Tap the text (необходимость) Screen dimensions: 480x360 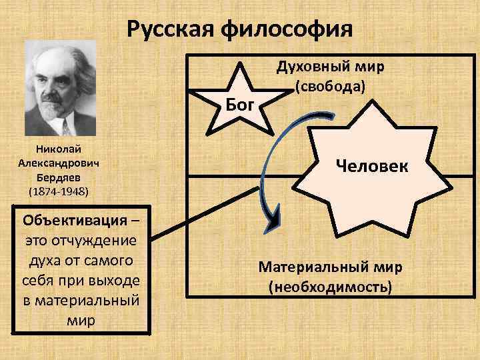(331, 287)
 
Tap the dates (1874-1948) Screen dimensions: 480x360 (59, 192)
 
